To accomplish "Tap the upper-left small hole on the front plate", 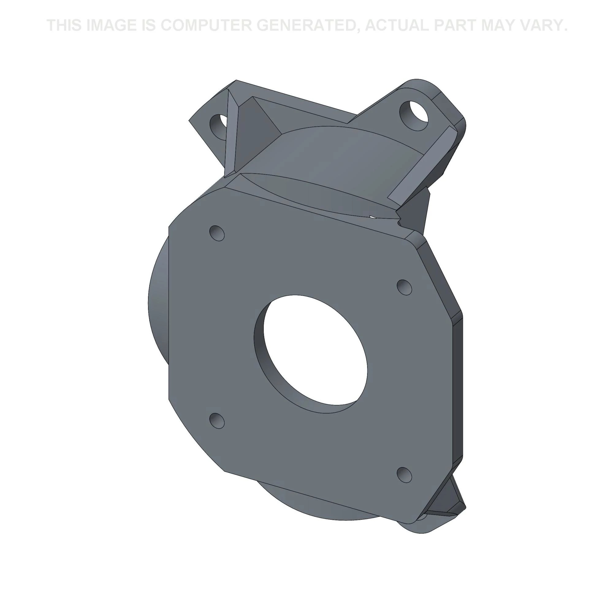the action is [x=217, y=233].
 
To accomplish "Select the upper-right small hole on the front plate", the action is [x=405, y=287].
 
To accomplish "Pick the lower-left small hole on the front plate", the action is [x=217, y=421].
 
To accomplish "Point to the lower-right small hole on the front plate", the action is [x=405, y=475].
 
